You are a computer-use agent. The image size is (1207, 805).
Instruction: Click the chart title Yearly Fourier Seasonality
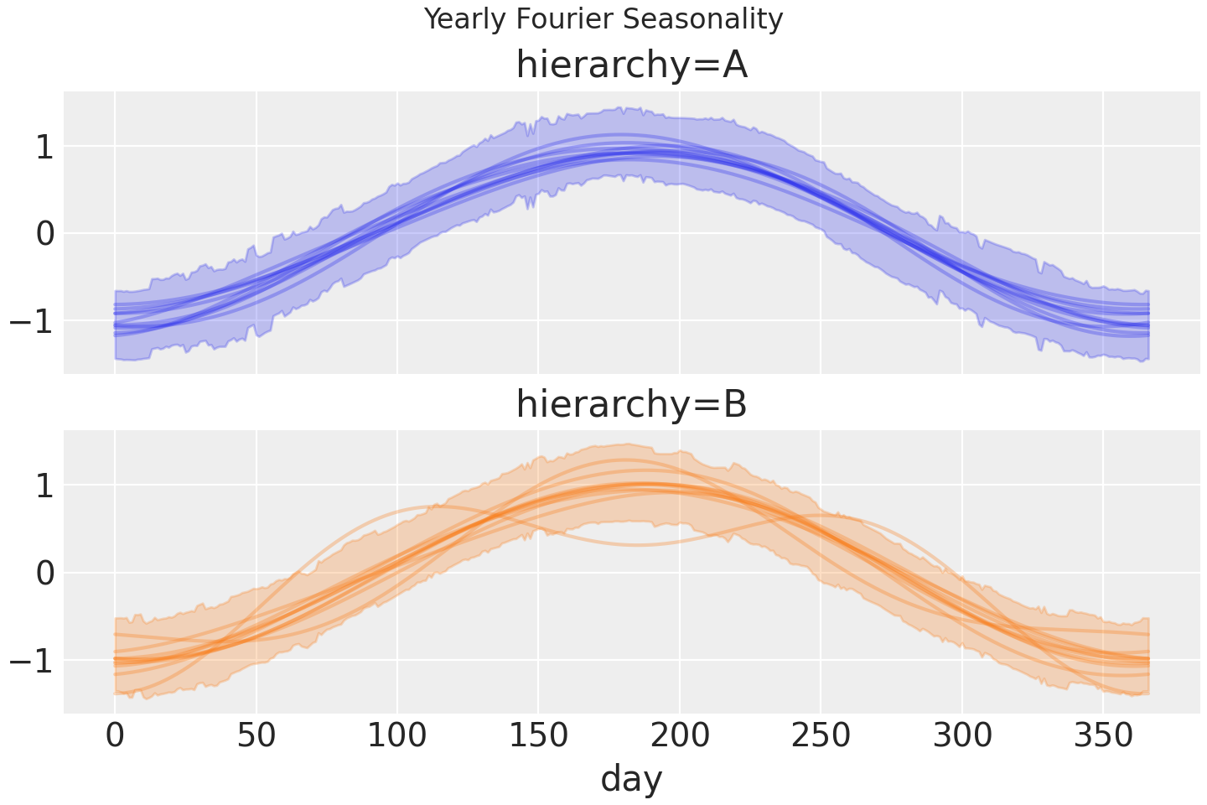pyautogui.click(x=603, y=18)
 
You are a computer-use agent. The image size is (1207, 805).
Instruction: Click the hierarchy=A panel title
pyautogui.click(x=631, y=65)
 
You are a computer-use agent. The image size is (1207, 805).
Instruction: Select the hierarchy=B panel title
pyautogui.click(x=631, y=404)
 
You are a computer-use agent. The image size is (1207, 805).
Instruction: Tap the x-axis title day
pyautogui.click(x=631, y=778)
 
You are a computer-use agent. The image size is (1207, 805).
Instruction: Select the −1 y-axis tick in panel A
pyautogui.click(x=32, y=320)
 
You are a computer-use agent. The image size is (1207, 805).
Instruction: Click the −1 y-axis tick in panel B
pyautogui.click(x=32, y=660)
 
